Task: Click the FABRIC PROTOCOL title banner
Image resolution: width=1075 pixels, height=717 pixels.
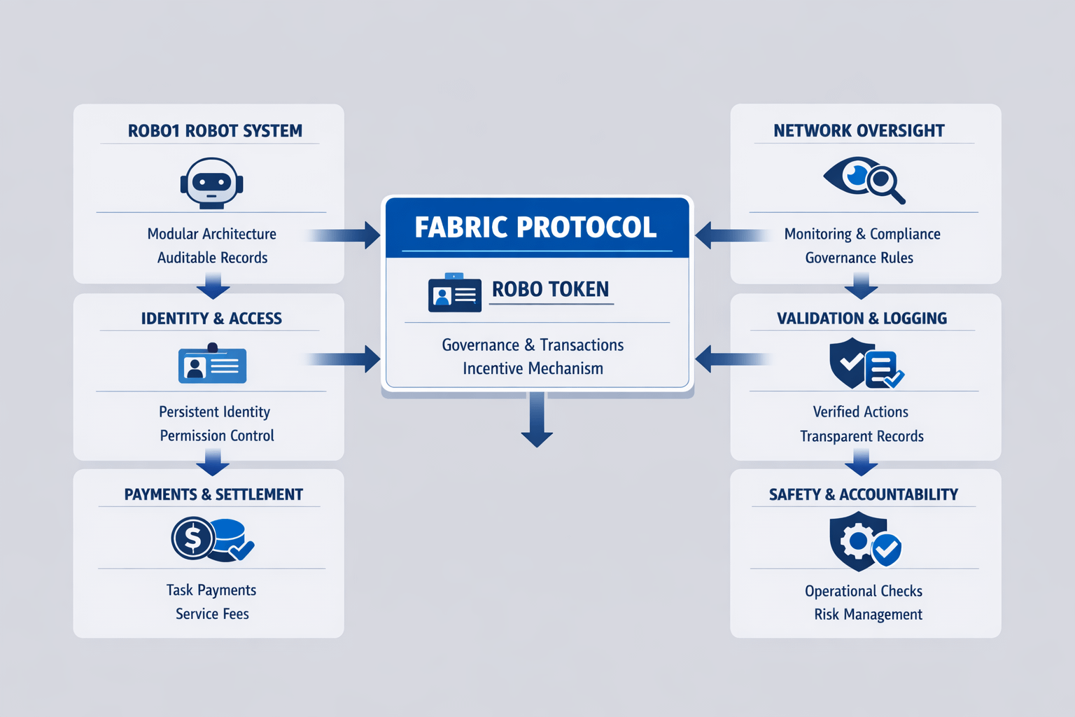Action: tap(537, 228)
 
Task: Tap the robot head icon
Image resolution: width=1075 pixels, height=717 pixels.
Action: tap(211, 183)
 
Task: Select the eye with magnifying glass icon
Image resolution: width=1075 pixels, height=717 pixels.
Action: tap(864, 180)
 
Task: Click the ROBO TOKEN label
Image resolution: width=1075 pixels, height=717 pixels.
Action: tap(551, 289)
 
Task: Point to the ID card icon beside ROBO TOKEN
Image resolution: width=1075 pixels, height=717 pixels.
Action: tap(454, 293)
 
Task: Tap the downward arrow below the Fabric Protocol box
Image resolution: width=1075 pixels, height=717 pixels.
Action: tap(537, 419)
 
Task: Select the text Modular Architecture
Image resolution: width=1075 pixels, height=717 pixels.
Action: tap(211, 234)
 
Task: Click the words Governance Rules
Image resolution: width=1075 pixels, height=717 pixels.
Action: tap(859, 258)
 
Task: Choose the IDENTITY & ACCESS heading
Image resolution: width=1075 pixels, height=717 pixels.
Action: tap(211, 319)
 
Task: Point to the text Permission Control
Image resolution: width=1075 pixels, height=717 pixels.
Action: tap(217, 436)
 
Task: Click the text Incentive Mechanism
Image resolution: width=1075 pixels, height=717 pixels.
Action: tap(533, 368)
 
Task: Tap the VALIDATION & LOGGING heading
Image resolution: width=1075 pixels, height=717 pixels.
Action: tap(862, 319)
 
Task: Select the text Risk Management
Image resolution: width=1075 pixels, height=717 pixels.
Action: tap(868, 614)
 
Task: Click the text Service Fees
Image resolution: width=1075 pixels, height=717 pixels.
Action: tap(212, 614)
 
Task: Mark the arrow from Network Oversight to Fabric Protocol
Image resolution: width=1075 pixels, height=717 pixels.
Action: tap(733, 235)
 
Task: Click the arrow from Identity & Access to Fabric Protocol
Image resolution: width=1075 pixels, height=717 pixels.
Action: tap(342, 358)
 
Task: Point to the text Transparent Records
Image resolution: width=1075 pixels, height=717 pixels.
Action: tap(862, 436)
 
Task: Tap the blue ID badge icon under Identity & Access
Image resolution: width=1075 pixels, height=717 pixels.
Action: tap(212, 363)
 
